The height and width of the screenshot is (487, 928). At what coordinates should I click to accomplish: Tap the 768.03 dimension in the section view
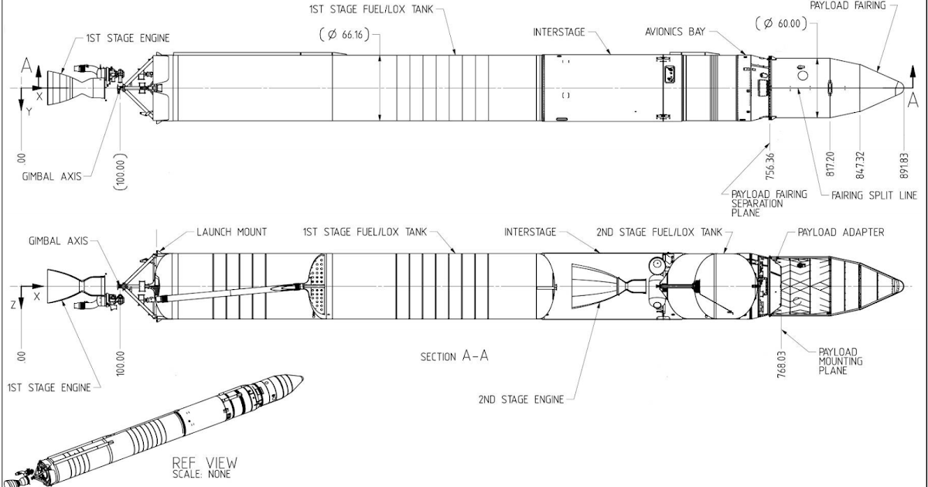click(x=783, y=359)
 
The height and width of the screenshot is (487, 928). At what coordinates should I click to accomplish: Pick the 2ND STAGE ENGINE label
click(x=513, y=400)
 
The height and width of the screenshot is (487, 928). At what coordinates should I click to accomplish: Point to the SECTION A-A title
click(x=455, y=356)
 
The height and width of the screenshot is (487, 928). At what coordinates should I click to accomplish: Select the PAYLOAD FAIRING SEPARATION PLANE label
click(x=758, y=203)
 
